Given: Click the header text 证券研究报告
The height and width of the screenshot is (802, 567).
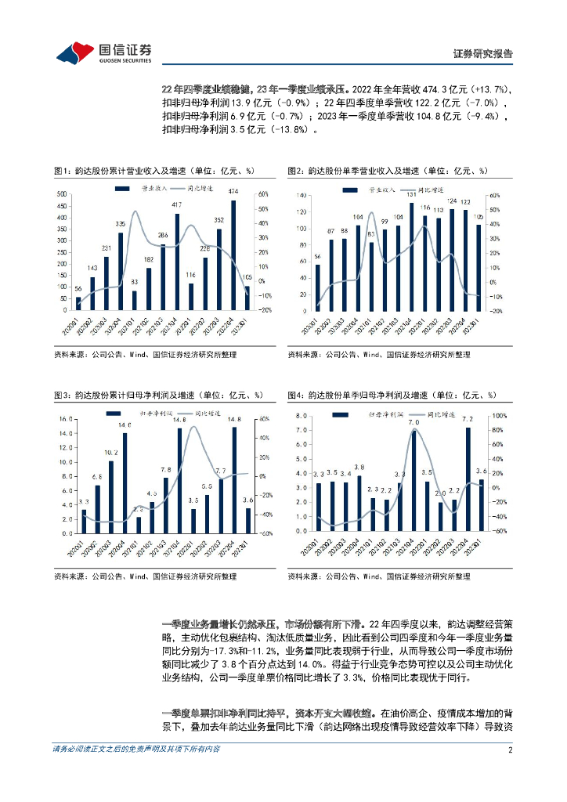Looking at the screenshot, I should tap(483, 54).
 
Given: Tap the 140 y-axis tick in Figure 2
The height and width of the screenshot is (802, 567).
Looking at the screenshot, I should tap(298, 194).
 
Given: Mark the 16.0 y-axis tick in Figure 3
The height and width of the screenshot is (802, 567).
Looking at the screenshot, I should tap(63, 415).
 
